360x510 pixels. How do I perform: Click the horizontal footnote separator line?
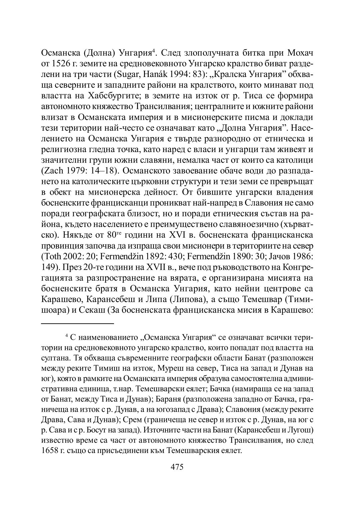[x=78, y=323]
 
